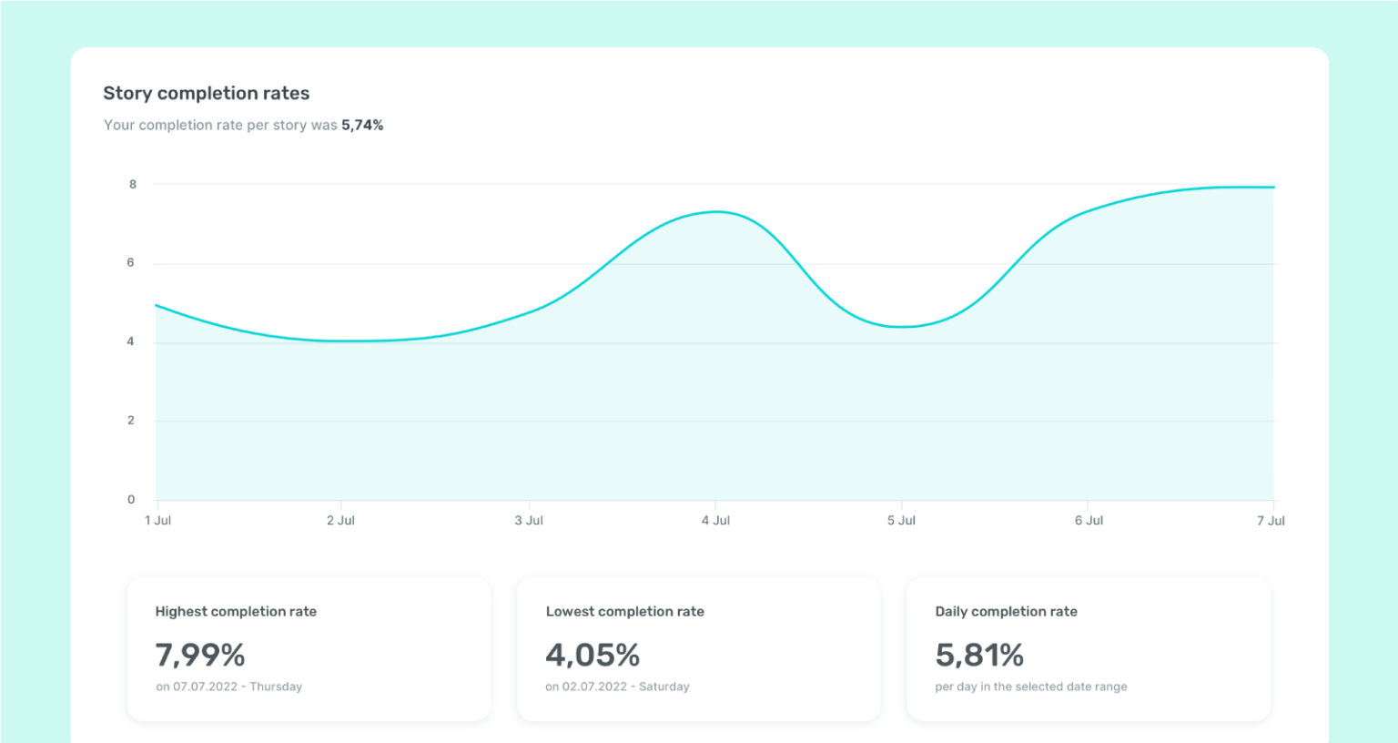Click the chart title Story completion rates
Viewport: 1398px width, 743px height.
pos(207,93)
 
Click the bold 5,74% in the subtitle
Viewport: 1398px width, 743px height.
pos(362,125)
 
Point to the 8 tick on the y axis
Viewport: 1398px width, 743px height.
pos(133,184)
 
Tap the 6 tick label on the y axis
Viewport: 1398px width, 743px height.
pos(131,262)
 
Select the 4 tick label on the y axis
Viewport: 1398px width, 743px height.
pos(131,341)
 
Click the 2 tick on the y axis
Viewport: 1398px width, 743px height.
pos(131,420)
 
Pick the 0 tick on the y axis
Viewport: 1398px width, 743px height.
pos(131,499)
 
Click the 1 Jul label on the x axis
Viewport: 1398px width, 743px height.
pos(158,521)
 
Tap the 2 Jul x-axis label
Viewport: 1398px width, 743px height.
pos(341,521)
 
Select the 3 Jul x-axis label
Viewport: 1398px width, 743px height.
pos(529,521)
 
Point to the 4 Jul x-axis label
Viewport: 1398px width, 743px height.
pos(716,521)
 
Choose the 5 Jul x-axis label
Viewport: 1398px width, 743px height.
pos(902,521)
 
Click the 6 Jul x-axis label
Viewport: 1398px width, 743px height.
pos(1089,521)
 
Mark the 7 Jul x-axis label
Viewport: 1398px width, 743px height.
pos(1271,521)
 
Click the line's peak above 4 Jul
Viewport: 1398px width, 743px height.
pos(717,211)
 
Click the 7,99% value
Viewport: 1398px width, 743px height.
pos(200,655)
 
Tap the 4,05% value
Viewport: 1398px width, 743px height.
pos(593,655)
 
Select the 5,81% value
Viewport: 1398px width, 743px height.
pos(979,655)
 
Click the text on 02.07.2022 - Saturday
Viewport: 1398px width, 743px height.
pos(617,687)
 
